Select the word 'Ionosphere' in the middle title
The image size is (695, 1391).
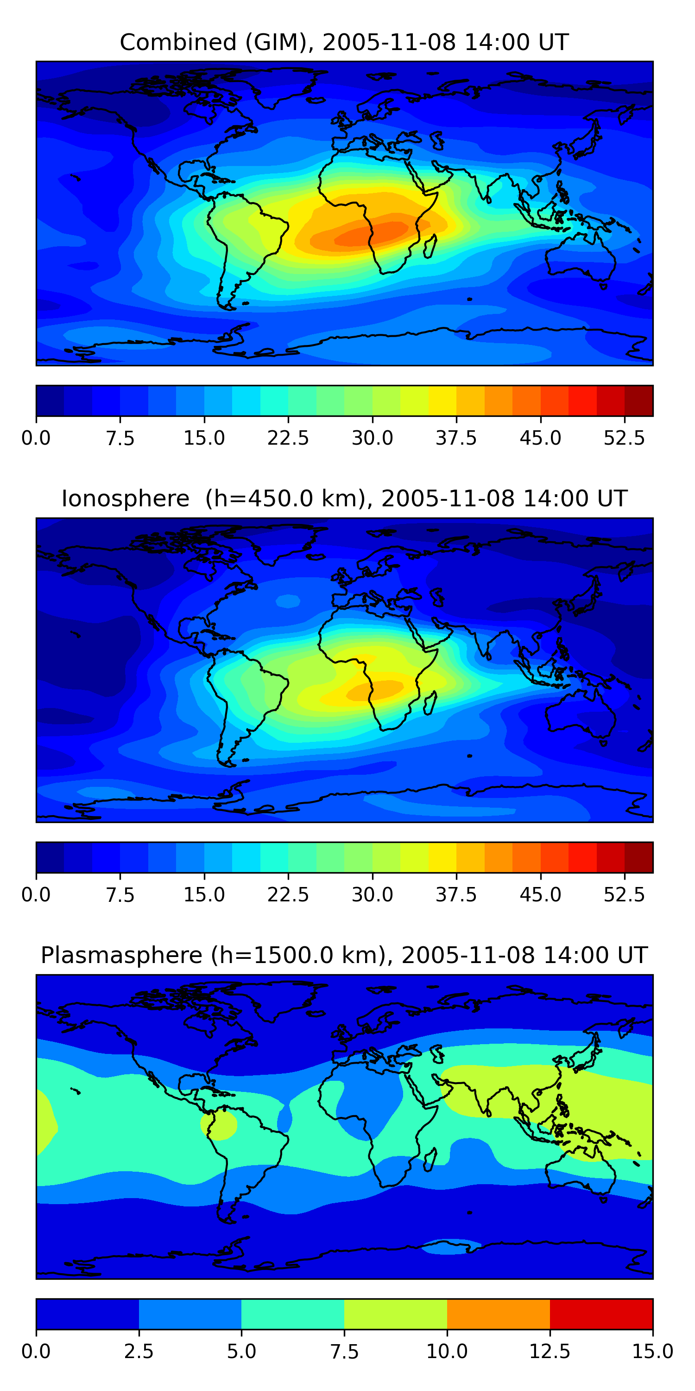coord(125,498)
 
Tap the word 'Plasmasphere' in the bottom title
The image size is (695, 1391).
coord(121,955)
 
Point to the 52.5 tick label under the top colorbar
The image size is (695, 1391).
coord(624,438)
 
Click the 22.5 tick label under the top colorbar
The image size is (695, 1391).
coord(288,438)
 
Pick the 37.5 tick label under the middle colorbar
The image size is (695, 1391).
coord(456,895)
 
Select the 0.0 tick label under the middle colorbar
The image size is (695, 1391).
coord(36,895)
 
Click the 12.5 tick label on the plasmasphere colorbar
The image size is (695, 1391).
coord(550,1352)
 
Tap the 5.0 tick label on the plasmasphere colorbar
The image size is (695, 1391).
coord(241,1352)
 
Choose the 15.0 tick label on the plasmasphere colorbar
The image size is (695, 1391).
coord(652,1352)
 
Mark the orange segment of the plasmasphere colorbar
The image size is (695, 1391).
coord(498,1314)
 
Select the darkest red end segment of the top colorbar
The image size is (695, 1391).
coord(639,401)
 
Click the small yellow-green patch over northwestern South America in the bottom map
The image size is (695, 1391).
coord(219,1125)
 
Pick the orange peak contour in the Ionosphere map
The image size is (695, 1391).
coord(375,689)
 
